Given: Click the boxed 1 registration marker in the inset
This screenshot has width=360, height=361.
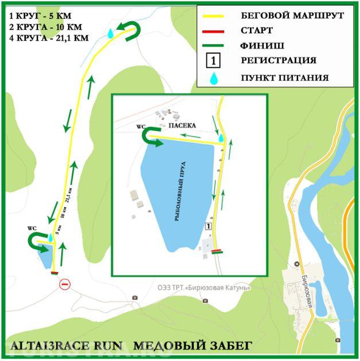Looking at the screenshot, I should tap(208, 227).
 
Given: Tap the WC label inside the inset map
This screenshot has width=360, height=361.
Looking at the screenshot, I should tap(141, 126).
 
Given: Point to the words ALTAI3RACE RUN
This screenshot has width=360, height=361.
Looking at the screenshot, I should tap(66, 345).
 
